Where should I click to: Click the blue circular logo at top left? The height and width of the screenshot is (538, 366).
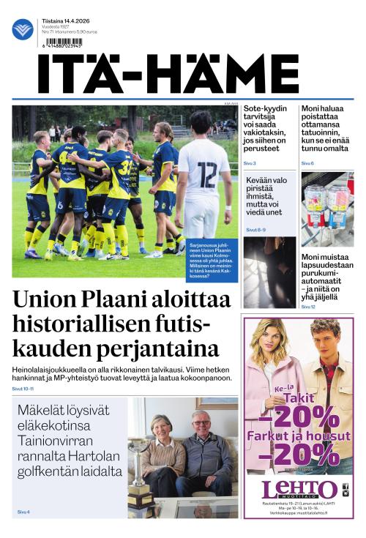[x=23, y=29]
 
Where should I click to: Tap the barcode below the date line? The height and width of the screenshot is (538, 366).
[x=63, y=42]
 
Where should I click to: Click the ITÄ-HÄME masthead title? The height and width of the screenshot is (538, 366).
[x=168, y=74]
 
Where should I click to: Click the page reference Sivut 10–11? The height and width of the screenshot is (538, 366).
[x=23, y=389]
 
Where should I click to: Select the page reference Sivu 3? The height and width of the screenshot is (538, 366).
[x=250, y=163]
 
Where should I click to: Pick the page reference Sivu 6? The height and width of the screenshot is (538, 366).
[x=307, y=163]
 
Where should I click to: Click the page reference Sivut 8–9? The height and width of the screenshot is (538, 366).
[x=255, y=230]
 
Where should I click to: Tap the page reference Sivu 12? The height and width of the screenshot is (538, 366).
[x=308, y=307]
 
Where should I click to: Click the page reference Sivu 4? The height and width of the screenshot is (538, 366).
[x=23, y=512]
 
